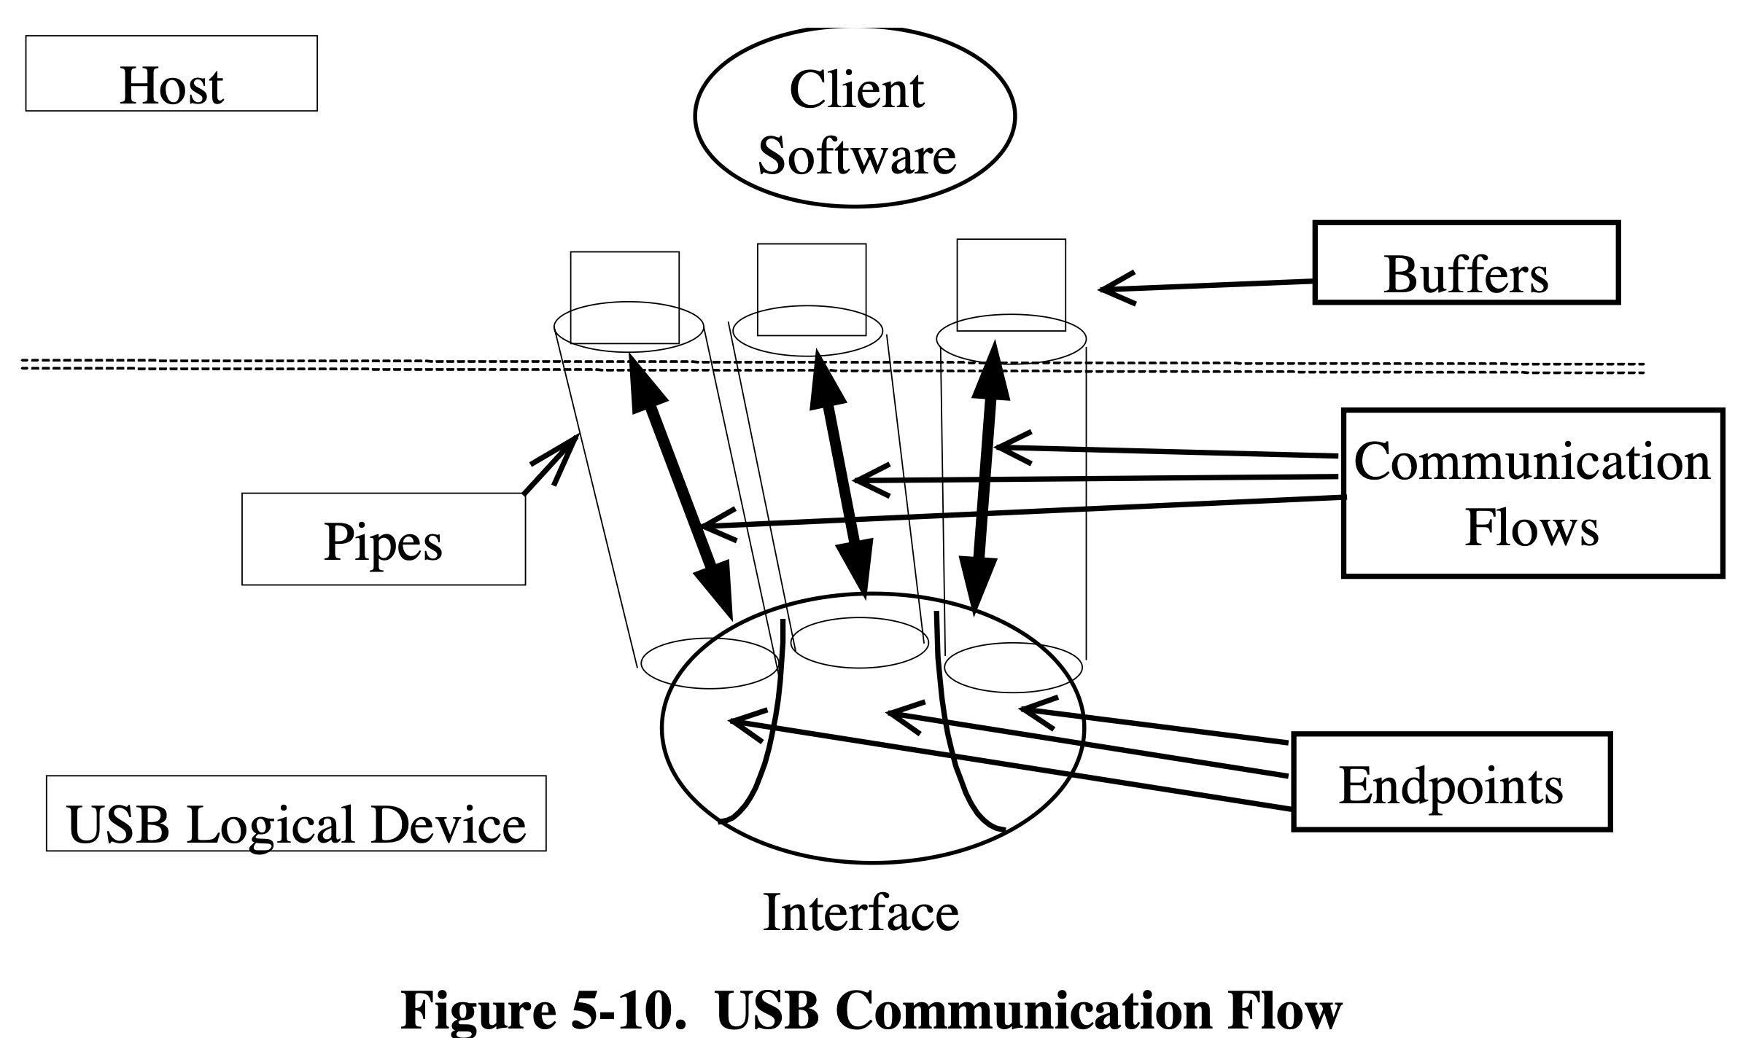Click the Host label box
click(171, 74)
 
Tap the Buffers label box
click(1466, 263)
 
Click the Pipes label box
click(384, 539)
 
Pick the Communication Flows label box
click(1532, 493)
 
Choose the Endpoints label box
click(1451, 782)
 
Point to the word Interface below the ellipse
click(861, 913)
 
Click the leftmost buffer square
click(624, 297)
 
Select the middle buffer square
click(812, 289)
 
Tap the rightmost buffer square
click(1011, 285)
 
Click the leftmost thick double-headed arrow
click(680, 484)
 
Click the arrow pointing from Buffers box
click(1207, 286)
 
